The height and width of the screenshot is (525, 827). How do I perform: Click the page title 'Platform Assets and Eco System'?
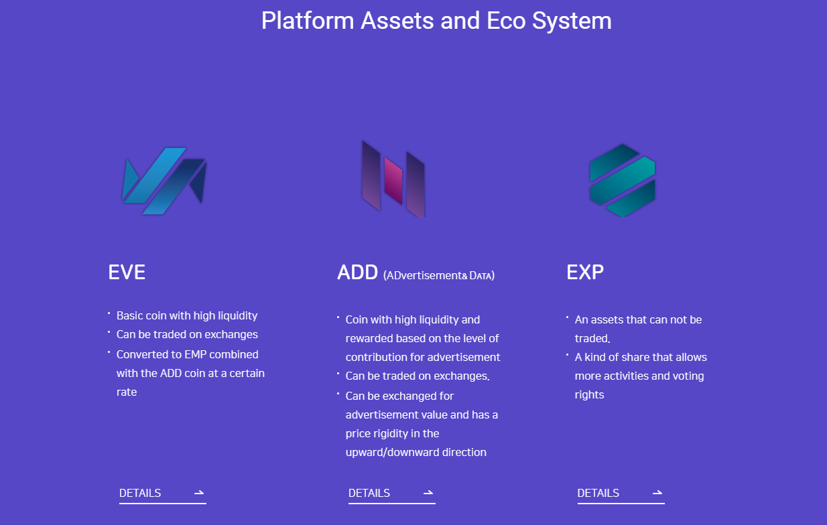436,21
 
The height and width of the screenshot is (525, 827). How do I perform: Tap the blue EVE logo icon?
164,181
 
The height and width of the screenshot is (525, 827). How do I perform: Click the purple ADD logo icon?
393,179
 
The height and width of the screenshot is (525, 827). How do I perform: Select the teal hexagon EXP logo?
623,180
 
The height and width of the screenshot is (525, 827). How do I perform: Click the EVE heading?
127,273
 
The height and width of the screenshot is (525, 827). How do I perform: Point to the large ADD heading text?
357,273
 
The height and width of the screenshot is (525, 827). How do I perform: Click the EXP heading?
585,273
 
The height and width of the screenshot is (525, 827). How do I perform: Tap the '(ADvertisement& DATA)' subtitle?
439,276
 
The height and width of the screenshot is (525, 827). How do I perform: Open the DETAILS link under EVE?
140,493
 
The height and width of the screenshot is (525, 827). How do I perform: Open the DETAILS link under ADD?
369,493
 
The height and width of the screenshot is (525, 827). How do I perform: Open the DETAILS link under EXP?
598,493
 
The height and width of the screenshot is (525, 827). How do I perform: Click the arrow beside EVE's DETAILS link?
199,493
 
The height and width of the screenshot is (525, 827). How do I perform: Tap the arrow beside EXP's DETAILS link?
657,493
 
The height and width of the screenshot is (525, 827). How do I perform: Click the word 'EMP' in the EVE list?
195,354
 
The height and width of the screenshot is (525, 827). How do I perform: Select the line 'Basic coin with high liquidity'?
187,316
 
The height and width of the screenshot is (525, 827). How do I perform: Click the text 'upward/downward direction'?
416,452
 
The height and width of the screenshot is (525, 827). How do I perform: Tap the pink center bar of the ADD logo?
393,180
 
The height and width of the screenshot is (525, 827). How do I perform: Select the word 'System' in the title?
572,21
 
